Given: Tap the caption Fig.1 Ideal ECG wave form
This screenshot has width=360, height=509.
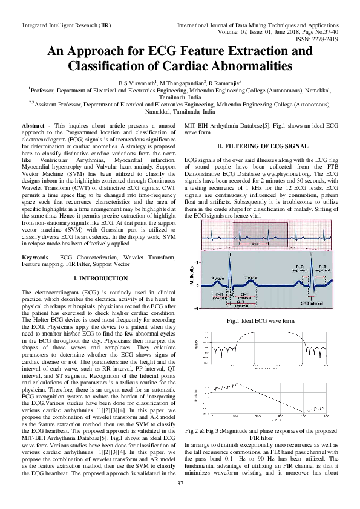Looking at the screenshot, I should coord(260,320).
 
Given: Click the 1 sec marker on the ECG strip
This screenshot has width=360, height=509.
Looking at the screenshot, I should coord(257,243).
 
